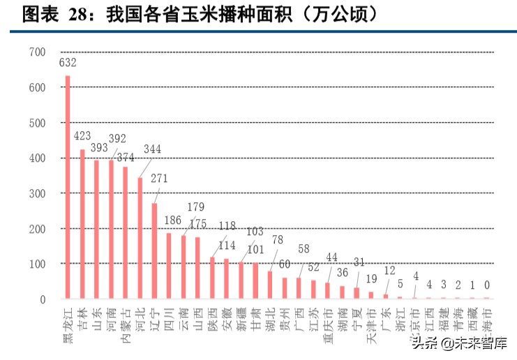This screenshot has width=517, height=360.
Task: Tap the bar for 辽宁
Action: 154,251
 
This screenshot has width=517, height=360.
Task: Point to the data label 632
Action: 68,63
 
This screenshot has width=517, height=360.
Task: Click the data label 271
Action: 159,179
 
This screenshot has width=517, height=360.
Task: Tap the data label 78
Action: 277,240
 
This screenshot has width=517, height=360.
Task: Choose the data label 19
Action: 371,279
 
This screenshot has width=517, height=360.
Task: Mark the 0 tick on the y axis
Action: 43,299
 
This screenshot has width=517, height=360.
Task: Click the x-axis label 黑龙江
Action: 68,324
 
